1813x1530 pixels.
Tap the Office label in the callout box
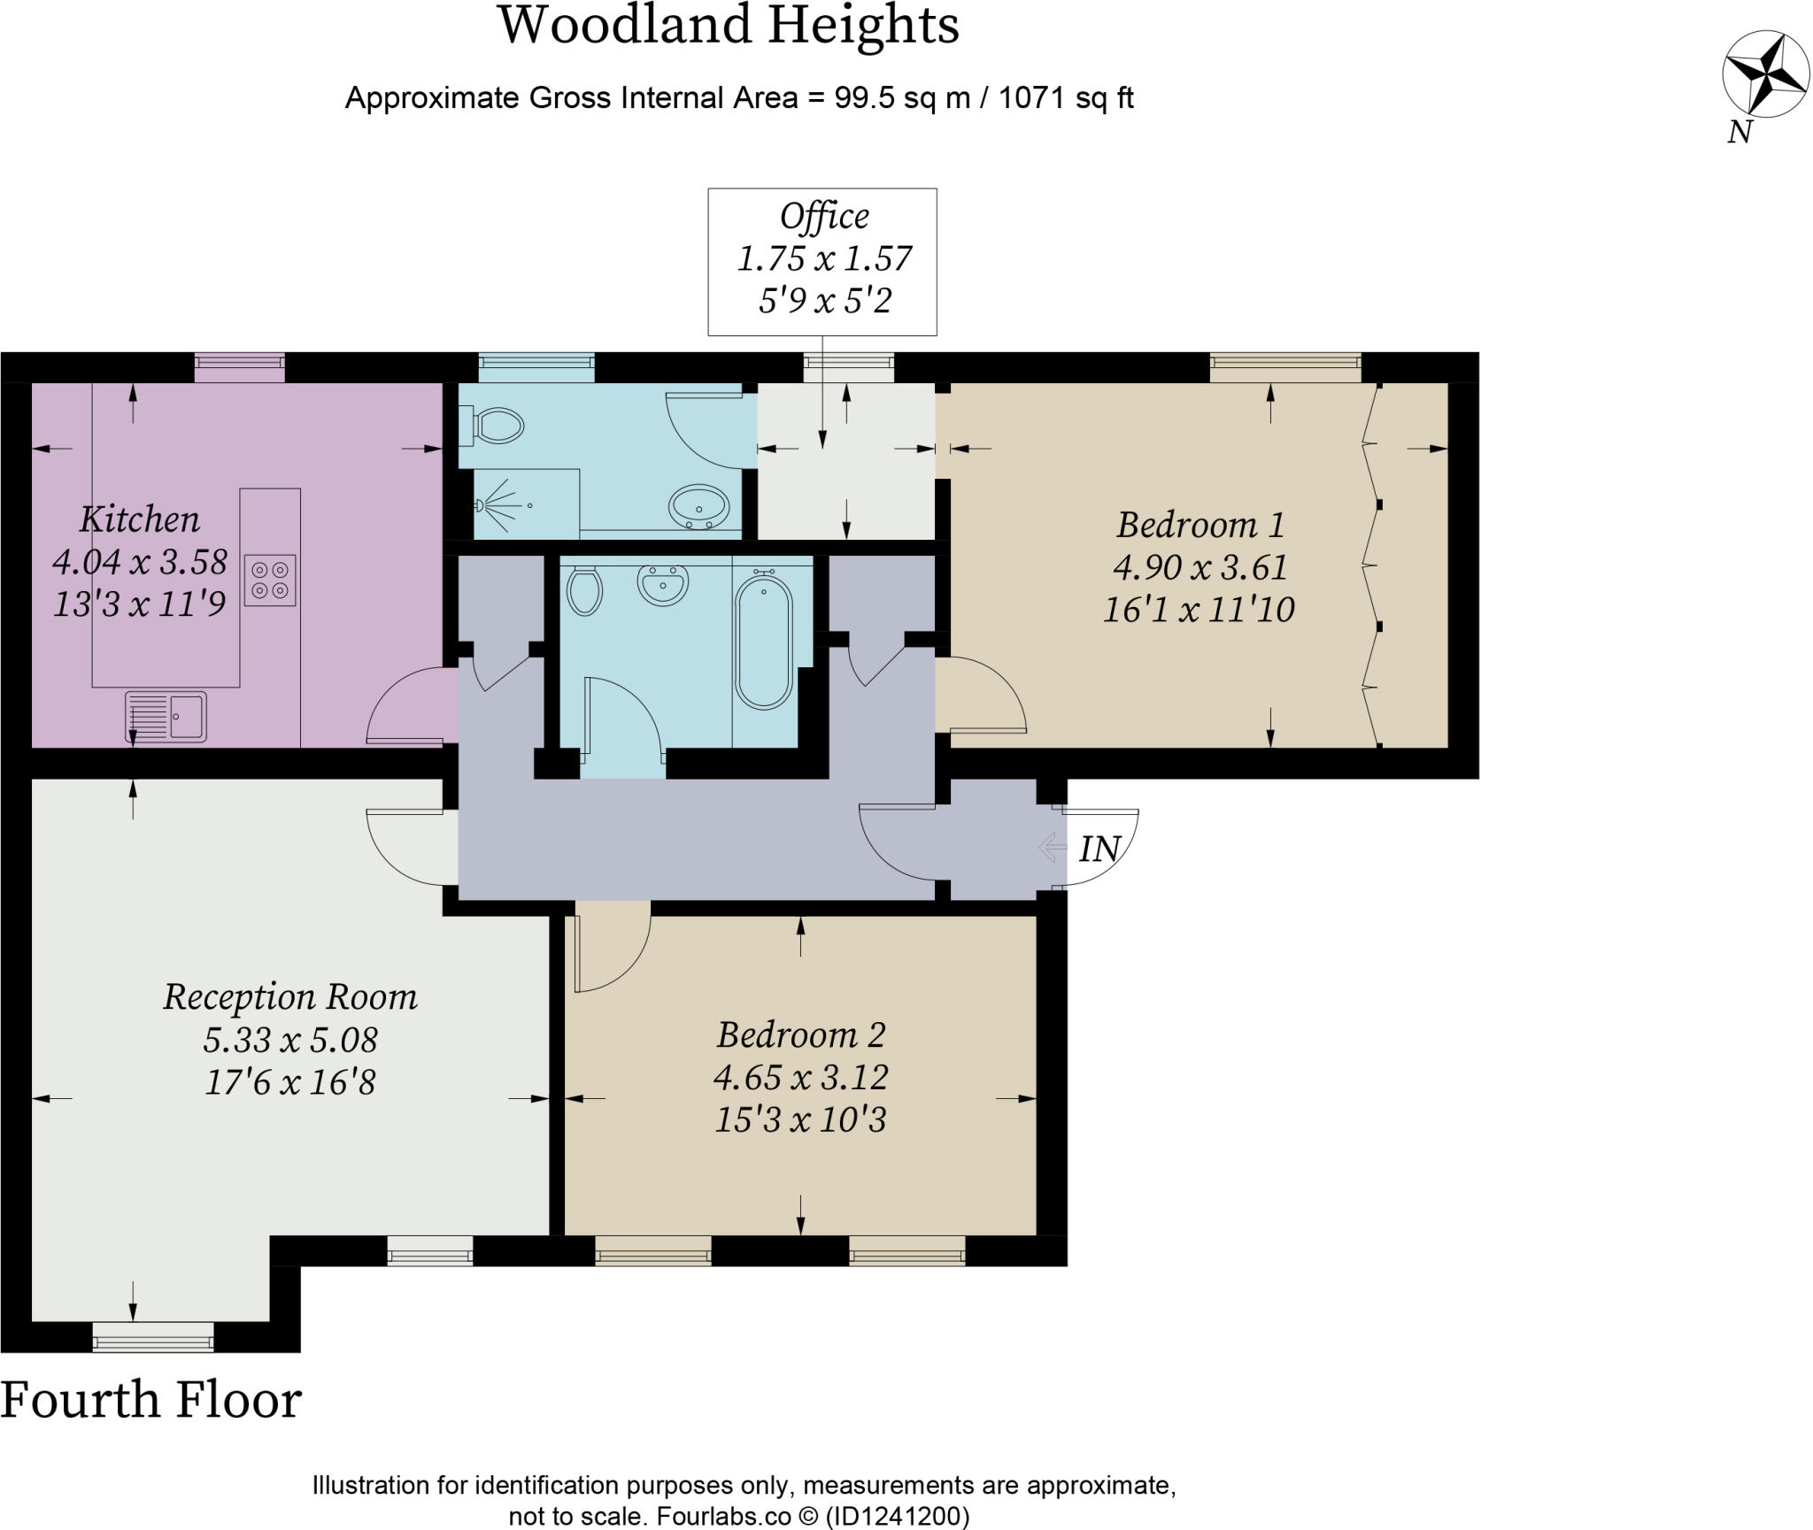[824, 217]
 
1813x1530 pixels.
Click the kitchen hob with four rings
[270, 580]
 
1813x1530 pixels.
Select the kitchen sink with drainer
[166, 716]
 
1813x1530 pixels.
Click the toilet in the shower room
[498, 426]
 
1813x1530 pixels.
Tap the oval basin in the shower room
[698, 507]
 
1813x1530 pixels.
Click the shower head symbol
[484, 505]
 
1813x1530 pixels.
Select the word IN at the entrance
[1100, 850]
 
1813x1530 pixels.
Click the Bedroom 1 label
[1200, 525]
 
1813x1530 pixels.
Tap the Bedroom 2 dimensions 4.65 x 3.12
[800, 1077]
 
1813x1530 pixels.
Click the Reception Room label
[289, 997]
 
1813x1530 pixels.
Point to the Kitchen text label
[140, 519]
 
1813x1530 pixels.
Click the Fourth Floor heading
[151, 1401]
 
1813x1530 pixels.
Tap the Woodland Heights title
[729, 26]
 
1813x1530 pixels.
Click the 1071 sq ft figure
[1065, 97]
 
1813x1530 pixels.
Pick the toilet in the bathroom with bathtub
[584, 591]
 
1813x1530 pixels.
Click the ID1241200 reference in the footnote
[898, 1516]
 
